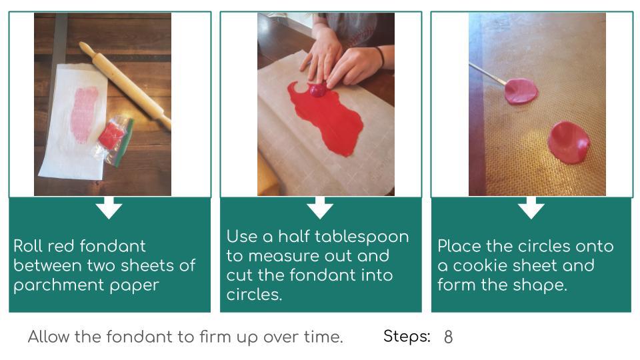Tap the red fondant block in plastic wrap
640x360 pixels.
click(111, 135)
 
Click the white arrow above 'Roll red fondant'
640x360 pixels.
click(109, 208)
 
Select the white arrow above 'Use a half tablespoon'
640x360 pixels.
click(320, 208)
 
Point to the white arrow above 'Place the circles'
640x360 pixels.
click(531, 208)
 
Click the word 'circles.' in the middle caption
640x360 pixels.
click(254, 295)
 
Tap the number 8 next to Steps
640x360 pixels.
click(448, 337)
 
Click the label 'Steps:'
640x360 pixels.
click(407, 336)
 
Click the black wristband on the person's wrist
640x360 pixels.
click(380, 57)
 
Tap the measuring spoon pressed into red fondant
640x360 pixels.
click(317, 90)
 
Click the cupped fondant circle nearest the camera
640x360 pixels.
click(569, 143)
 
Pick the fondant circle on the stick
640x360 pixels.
click(521, 91)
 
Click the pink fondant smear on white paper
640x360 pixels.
click(84, 114)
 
